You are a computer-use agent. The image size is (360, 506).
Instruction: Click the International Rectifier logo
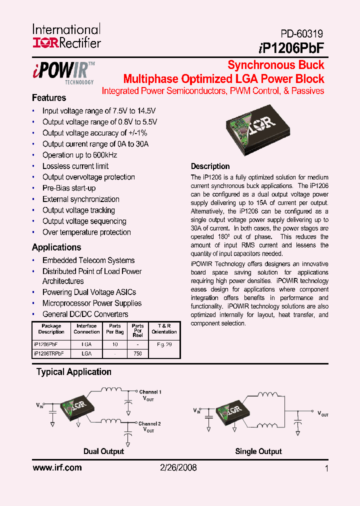point(66,36)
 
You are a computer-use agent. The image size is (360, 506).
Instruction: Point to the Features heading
point(49,98)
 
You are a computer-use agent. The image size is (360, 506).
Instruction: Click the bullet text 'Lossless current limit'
point(75,166)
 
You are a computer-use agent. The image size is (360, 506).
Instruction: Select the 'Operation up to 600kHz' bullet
point(79,155)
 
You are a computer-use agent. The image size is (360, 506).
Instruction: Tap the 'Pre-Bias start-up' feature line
point(69,188)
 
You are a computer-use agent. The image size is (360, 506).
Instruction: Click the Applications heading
point(56,247)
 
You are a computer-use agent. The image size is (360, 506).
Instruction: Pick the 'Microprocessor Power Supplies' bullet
point(92,303)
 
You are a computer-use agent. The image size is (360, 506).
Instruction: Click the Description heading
point(210,166)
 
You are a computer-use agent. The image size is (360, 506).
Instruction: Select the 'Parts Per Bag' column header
point(115,328)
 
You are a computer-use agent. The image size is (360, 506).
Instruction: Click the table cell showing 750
point(138,353)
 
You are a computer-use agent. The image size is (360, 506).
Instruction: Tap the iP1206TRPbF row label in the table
point(49,353)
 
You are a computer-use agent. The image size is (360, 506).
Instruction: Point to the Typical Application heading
point(74,372)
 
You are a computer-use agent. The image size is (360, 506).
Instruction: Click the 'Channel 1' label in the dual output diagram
point(150,392)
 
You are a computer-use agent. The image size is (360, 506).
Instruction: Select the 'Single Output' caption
point(258,451)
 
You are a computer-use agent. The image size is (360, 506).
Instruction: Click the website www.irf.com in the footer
point(57,468)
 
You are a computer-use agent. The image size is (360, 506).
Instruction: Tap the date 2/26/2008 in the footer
point(178,468)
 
